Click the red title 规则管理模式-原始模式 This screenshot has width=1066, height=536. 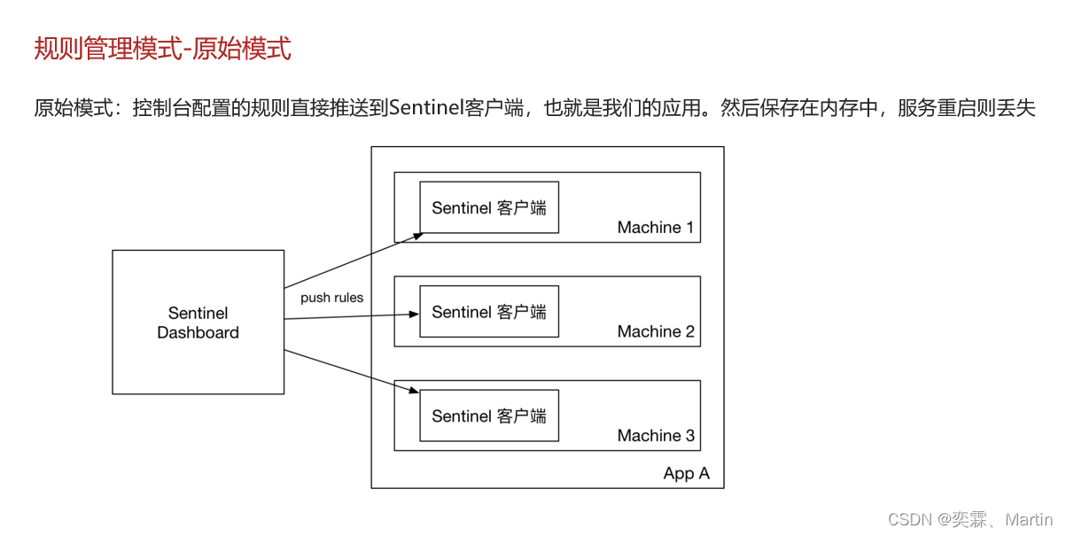(x=162, y=49)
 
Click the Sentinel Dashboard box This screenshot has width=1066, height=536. (x=198, y=322)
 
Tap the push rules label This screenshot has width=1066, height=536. (x=331, y=298)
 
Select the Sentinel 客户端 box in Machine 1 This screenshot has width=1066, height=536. (x=489, y=208)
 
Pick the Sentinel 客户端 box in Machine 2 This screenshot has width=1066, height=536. (x=489, y=312)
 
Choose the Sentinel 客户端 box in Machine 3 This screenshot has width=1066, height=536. (x=489, y=416)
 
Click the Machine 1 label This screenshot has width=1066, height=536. (x=656, y=228)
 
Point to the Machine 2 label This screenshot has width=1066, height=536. (x=656, y=331)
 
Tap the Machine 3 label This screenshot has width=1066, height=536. (x=656, y=436)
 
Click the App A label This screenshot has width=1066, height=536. (x=686, y=473)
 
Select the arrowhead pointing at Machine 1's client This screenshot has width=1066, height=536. (x=416, y=235)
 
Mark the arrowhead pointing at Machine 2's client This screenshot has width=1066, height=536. (x=414, y=314)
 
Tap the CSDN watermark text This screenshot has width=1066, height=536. (x=906, y=519)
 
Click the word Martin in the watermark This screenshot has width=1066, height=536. (x=1029, y=519)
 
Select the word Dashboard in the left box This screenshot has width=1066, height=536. (x=198, y=333)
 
